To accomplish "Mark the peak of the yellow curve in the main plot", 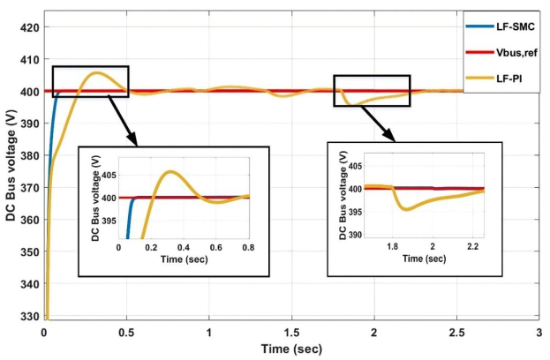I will tap(96, 72).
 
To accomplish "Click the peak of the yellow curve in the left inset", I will tap(171, 171).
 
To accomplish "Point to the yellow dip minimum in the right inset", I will tap(405, 209).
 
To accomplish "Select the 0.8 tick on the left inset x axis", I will tap(249, 248).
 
